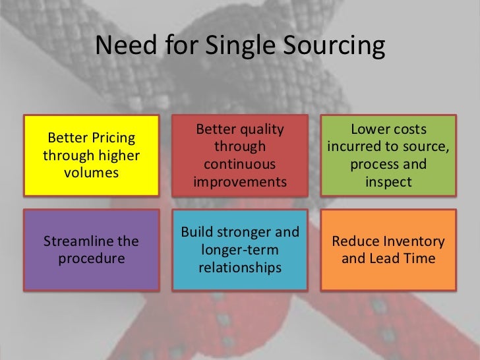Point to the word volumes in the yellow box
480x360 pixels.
[x=92, y=173]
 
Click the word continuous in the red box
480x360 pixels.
[x=240, y=164]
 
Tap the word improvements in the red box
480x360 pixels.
[x=240, y=181]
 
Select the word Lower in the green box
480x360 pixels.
[x=370, y=129]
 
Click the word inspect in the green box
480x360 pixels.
[x=388, y=181]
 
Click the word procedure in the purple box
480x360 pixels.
[x=92, y=258]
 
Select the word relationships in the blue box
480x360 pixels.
[x=240, y=268]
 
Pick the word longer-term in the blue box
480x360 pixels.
[x=240, y=251]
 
